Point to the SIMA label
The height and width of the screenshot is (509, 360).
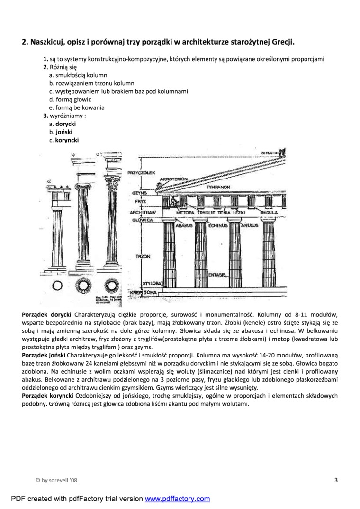[267, 152]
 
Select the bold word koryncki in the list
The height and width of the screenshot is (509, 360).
[67, 140]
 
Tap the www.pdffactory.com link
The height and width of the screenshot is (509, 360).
[177, 499]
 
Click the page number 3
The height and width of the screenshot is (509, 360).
[336, 480]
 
